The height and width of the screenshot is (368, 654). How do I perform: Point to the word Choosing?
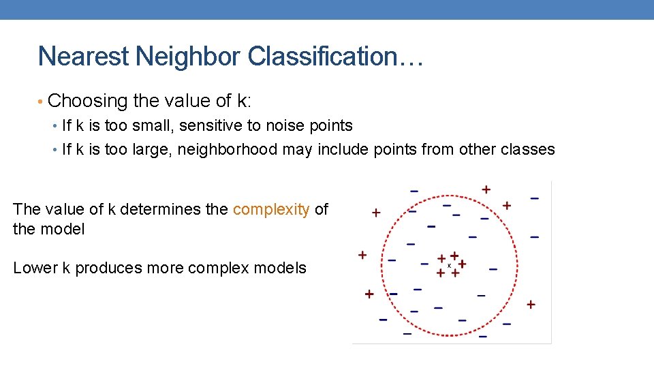click(x=88, y=102)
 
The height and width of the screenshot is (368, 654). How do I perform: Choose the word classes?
click(x=527, y=150)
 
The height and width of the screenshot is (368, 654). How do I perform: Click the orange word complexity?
click(x=271, y=210)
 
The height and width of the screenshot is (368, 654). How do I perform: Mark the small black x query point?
click(x=449, y=264)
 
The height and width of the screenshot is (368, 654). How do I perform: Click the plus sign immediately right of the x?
click(x=462, y=264)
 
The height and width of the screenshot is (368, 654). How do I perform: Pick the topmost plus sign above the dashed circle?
click(x=486, y=189)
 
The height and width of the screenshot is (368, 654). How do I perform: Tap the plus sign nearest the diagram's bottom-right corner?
click(x=530, y=305)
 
